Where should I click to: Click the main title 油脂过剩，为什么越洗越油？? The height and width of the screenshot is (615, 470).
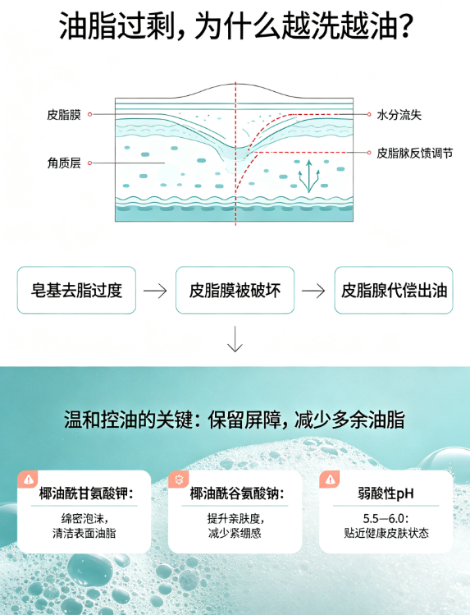(x=235, y=26)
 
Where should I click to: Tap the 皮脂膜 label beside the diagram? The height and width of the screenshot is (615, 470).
(x=64, y=114)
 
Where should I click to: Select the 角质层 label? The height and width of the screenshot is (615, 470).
(x=64, y=163)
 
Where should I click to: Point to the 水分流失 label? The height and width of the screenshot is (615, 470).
(x=399, y=114)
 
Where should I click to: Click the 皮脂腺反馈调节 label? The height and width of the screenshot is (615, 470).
(x=415, y=153)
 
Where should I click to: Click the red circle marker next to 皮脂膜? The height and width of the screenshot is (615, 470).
(x=89, y=114)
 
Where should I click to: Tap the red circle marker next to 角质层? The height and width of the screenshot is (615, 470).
(x=89, y=163)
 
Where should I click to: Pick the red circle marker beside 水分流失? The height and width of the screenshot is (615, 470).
(x=369, y=114)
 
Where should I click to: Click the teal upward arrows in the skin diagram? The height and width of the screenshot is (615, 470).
(x=308, y=176)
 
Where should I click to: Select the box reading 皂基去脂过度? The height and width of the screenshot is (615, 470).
(x=76, y=290)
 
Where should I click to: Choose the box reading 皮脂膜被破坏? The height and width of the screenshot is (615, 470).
(x=235, y=290)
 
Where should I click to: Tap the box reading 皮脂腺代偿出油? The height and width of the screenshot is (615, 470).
(x=394, y=290)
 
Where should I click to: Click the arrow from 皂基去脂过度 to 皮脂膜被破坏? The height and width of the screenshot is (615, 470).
(x=155, y=291)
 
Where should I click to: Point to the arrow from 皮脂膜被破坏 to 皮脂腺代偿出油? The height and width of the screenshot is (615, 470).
(x=313, y=291)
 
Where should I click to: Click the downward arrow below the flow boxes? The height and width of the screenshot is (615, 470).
(x=235, y=339)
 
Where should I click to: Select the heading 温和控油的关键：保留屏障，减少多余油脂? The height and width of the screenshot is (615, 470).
(x=235, y=420)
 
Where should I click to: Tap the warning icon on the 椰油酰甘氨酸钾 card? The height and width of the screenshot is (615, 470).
(x=28, y=480)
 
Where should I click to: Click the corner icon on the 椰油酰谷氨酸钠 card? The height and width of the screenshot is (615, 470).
(x=179, y=480)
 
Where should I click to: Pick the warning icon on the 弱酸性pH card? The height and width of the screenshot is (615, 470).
(x=331, y=480)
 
